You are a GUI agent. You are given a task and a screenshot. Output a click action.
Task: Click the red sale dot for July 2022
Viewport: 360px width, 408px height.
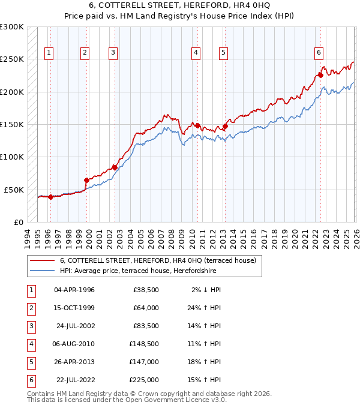[320, 75]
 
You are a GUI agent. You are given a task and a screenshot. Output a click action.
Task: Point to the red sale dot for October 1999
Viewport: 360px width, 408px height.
[86, 180]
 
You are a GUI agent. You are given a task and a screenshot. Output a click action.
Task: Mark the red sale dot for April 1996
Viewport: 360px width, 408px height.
[50, 197]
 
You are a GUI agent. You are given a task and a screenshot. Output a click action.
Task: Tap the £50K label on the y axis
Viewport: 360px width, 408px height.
[14, 190]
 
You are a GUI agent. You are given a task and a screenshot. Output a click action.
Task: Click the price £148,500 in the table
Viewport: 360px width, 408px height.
[144, 345]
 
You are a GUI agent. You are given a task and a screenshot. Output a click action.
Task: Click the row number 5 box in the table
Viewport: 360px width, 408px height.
[30, 362]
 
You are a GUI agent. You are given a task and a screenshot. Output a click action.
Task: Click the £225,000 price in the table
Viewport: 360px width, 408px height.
[144, 380]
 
